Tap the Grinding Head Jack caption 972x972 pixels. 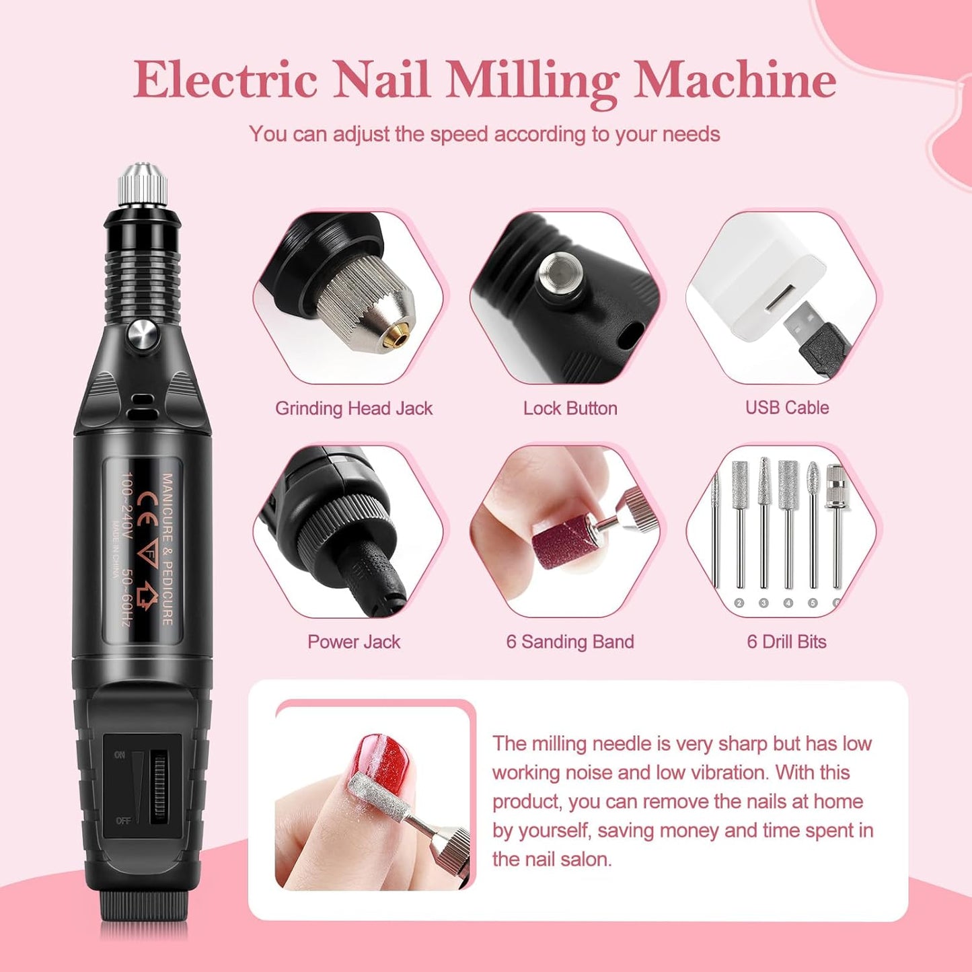point(354,408)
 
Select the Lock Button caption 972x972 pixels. point(570,408)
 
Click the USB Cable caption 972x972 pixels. point(786,408)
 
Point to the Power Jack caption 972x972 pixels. point(354,642)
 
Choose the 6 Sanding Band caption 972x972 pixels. point(570,642)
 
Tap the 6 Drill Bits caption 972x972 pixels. point(786,642)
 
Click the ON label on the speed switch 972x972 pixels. point(120,755)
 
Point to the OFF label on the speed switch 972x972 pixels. point(123,821)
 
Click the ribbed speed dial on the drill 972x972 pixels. point(159,787)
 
